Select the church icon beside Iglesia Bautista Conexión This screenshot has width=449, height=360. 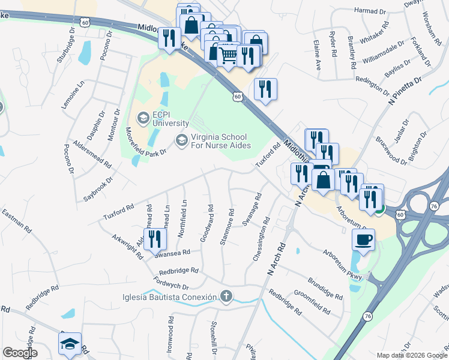[x=226, y=296]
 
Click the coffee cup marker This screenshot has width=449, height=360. [x=363, y=240]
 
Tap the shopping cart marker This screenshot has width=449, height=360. [x=228, y=55]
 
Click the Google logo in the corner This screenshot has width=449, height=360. [x=20, y=353]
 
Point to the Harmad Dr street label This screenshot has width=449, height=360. [x=370, y=11]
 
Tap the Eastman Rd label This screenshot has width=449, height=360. [x=16, y=221]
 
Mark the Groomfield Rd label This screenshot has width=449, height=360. [x=312, y=302]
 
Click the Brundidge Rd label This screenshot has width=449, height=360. [x=325, y=288]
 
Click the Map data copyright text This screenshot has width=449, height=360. [x=411, y=355]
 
